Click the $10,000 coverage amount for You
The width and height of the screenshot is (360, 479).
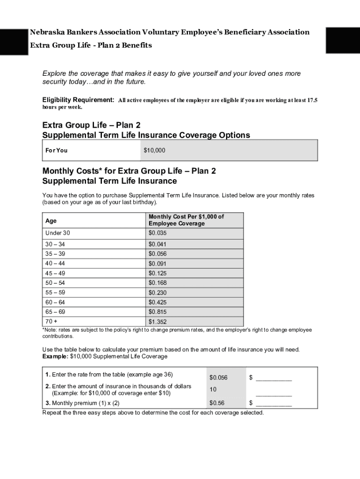pyautogui.click(x=154, y=151)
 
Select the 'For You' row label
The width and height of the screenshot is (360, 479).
pyautogui.click(x=56, y=151)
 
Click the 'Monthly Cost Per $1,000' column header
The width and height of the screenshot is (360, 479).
pyautogui.click(x=186, y=220)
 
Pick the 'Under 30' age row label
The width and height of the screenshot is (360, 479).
pyautogui.click(x=58, y=233)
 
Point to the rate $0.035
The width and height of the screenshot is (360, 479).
pyautogui.click(x=158, y=233)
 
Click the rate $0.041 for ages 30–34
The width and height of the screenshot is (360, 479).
pyautogui.click(x=158, y=244)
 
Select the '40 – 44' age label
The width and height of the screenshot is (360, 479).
pyautogui.click(x=55, y=263)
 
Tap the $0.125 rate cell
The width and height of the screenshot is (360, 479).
pyautogui.click(x=158, y=273)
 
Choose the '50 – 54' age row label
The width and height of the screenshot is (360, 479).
pyautogui.click(x=55, y=283)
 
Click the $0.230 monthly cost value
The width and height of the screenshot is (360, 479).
pyautogui.click(x=158, y=292)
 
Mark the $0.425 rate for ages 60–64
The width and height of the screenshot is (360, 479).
pyautogui.click(x=158, y=302)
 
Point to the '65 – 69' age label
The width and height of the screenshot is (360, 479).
pyautogui.click(x=55, y=312)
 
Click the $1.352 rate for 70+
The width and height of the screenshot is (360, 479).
pyautogui.click(x=158, y=322)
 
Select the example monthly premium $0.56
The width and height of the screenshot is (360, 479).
pyautogui.click(x=217, y=403)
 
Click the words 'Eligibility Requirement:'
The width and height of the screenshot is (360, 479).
pyautogui.click(x=78, y=100)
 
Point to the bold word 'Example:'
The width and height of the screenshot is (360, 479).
pyautogui.click(x=55, y=356)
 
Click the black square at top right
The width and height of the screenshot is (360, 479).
pyautogui.click(x=342, y=40)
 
